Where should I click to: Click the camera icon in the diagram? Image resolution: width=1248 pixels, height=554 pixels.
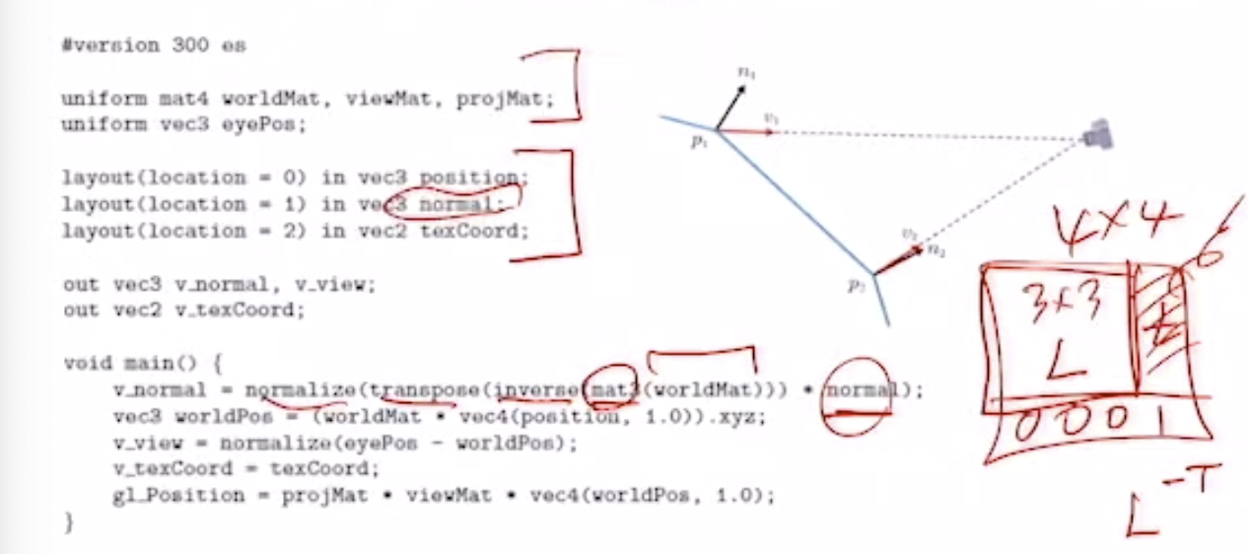[x=1096, y=136]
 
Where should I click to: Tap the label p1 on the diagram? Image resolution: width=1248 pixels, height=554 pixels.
[x=698, y=144]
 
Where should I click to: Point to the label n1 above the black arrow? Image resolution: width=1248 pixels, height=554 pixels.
[x=748, y=72]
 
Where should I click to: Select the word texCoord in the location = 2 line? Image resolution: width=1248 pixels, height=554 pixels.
[x=475, y=231]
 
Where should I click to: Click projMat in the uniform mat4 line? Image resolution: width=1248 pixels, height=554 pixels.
[x=505, y=100]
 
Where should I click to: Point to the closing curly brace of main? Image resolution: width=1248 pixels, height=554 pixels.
[x=68, y=522]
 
